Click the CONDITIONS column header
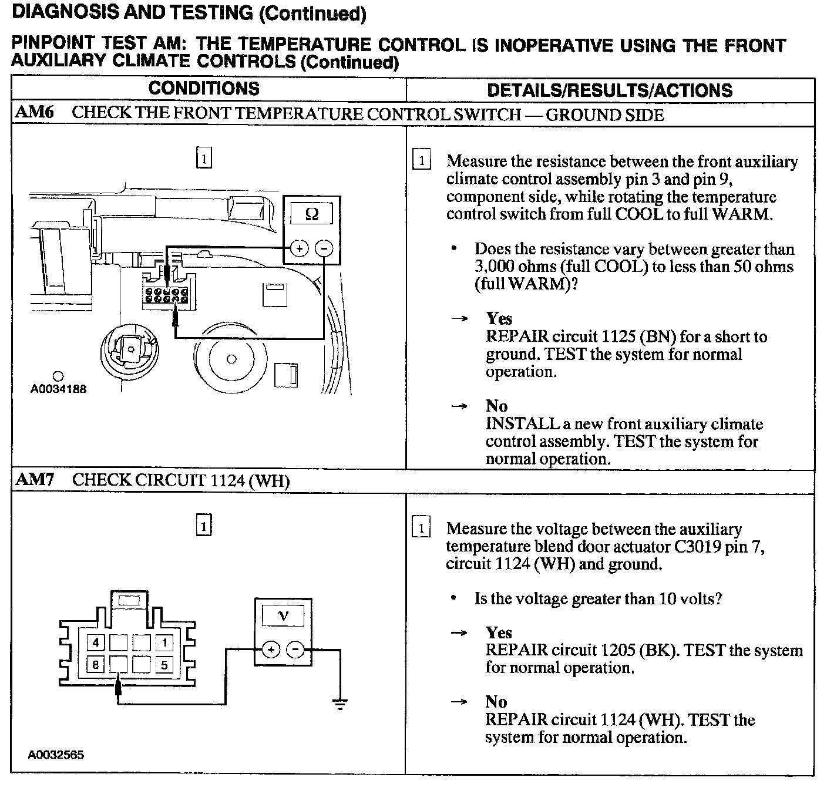coord(204,89)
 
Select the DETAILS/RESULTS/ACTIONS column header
coord(610,90)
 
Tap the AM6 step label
coord(34,113)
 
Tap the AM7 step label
coord(34,480)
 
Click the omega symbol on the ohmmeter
coord(312,214)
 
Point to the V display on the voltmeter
coord(283,616)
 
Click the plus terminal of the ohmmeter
coord(300,248)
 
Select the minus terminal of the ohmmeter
coord(324,248)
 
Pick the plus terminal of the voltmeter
coord(271,649)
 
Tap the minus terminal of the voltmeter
coord(295,649)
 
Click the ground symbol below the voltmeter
coord(339,703)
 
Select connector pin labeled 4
coord(96,642)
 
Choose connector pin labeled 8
coord(96,665)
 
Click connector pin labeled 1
coord(165,642)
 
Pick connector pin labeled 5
coord(165,665)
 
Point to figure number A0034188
coord(59,389)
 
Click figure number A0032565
coord(56,755)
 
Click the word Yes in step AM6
coord(499,319)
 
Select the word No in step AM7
coord(496,702)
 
